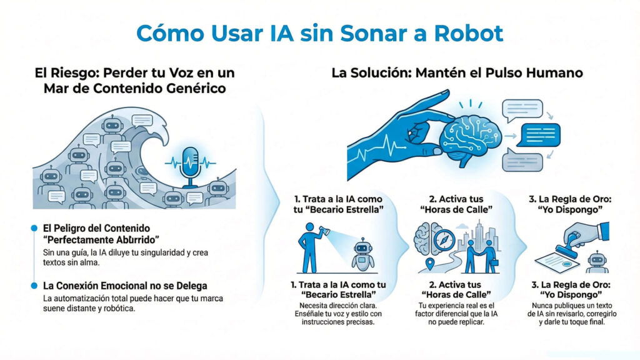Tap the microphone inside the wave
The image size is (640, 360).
(189, 164)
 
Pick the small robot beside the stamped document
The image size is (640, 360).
(597, 261)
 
